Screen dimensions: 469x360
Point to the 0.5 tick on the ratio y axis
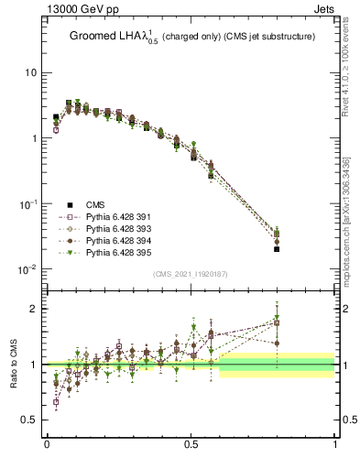click(x=28, y=420)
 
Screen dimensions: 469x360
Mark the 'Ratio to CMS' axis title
click(x=12, y=365)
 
